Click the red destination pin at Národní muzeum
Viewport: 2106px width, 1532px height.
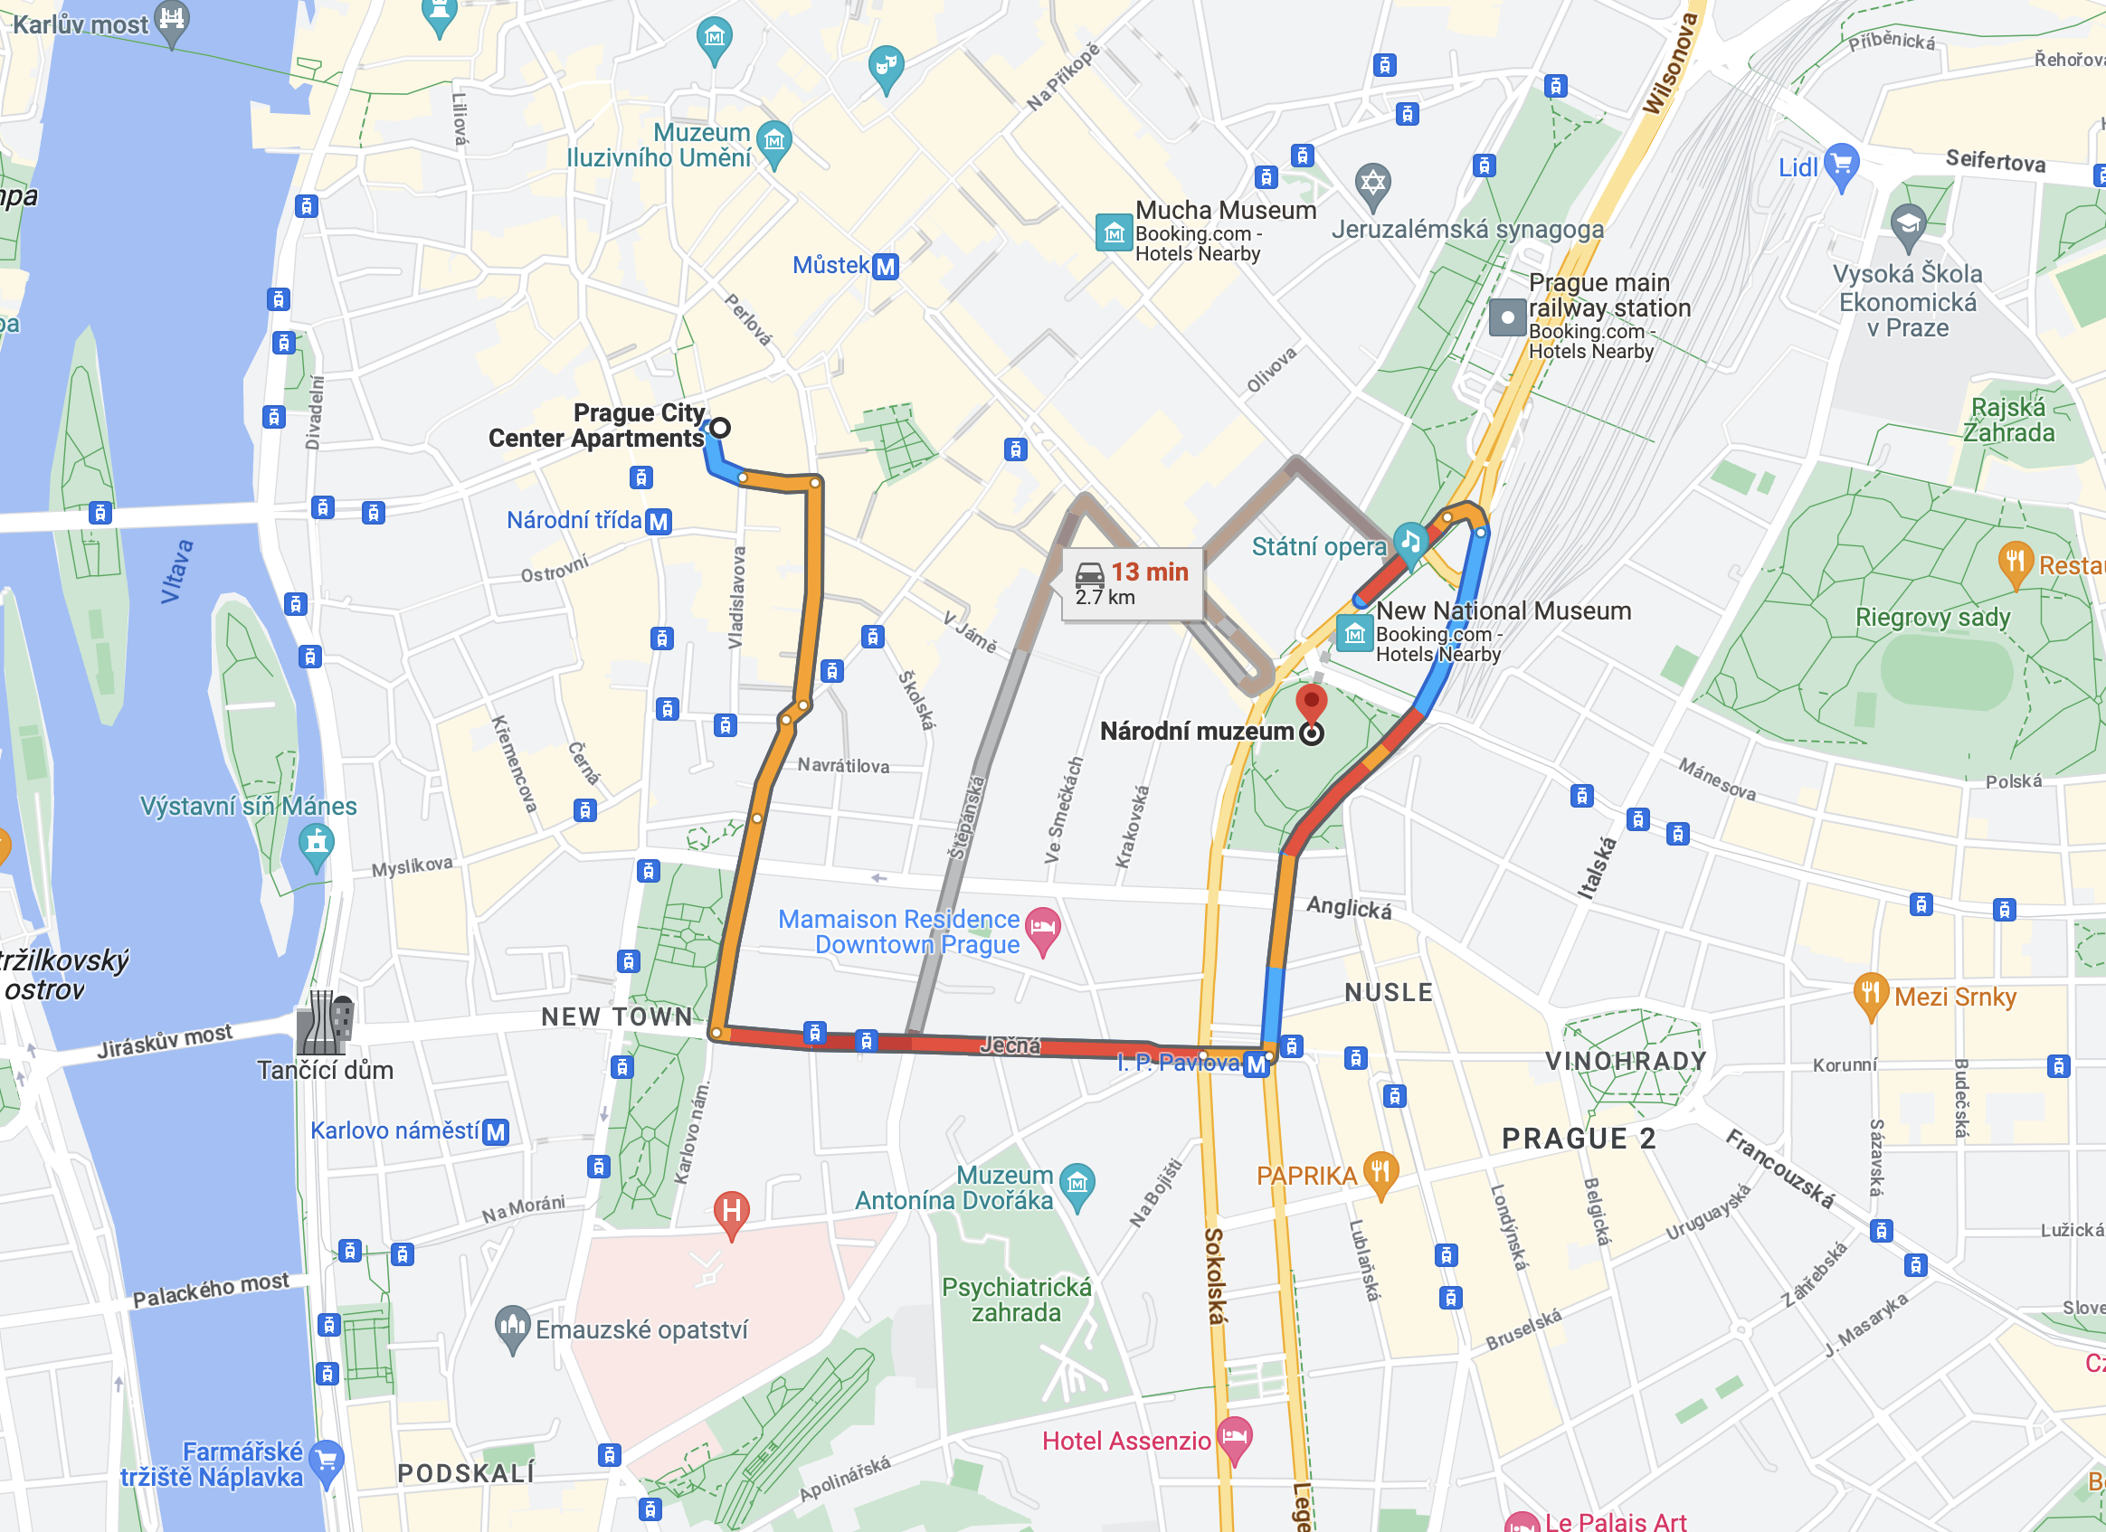point(1310,701)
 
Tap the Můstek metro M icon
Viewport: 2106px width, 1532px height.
point(886,267)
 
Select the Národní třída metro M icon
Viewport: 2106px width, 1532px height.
point(659,521)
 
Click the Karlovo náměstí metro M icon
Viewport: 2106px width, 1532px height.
point(496,1132)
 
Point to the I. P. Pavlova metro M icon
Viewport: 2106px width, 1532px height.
point(1256,1064)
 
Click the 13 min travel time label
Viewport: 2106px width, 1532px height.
point(1149,572)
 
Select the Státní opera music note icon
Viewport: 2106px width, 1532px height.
point(1409,541)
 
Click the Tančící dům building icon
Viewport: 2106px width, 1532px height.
point(324,1022)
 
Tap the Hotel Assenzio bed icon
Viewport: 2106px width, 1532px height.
point(1234,1437)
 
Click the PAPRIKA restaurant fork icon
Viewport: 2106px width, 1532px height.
point(1380,1171)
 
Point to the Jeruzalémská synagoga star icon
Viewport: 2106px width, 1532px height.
point(1373,182)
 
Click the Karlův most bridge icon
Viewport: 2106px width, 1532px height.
point(172,19)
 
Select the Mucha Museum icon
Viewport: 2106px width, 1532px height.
point(1113,232)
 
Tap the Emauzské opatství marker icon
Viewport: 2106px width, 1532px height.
point(512,1327)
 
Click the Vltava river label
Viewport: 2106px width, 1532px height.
point(176,572)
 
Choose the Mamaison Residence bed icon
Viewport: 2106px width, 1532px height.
point(1043,928)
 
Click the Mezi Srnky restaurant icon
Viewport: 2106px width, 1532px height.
point(1870,994)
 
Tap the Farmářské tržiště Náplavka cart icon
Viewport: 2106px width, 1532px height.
point(326,1461)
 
